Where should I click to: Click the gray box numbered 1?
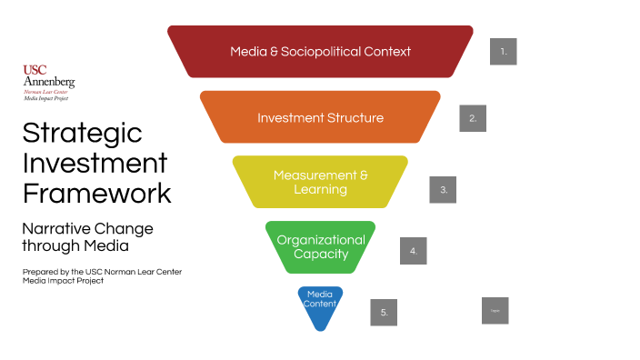click(x=503, y=51)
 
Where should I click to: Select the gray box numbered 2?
click(x=473, y=118)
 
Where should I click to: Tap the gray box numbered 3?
click(x=443, y=189)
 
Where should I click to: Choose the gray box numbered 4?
click(x=413, y=250)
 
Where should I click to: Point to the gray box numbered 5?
click(x=384, y=312)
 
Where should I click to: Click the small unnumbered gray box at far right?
click(x=495, y=310)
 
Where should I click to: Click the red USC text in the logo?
click(x=35, y=70)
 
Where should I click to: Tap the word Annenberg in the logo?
click(x=48, y=82)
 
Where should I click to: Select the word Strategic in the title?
click(x=82, y=133)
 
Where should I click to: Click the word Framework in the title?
click(x=96, y=193)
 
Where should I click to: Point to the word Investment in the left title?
click(x=95, y=163)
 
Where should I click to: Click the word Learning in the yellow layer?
click(x=320, y=189)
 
